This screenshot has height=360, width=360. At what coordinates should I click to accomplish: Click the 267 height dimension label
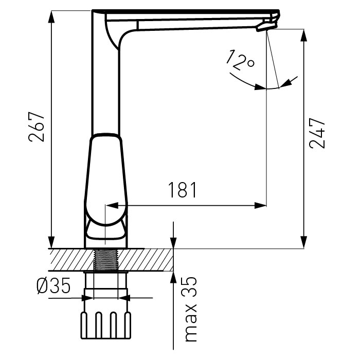coord(37,127)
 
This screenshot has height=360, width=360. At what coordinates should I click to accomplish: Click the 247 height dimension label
coord(317,133)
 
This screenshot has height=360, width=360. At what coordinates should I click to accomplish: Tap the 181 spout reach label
coord(183,190)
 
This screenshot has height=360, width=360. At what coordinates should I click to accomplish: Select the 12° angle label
coord(240,60)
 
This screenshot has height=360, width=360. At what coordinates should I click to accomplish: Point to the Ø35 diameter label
coord(53,285)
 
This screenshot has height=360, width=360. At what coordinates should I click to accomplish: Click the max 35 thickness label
coord(191,309)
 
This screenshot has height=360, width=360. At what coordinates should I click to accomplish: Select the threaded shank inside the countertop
coord(105,260)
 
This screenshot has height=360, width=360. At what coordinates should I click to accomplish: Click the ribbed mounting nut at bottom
coord(106,326)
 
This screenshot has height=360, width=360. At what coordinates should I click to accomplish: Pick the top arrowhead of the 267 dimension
coord(51,16)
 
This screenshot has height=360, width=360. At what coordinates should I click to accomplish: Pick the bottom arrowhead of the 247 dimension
coord(304,242)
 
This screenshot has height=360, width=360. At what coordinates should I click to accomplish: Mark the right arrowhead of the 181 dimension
coord(260,206)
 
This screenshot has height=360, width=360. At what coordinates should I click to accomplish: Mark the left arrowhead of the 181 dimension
coord(112,206)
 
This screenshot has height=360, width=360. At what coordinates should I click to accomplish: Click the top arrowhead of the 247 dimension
coord(304,35)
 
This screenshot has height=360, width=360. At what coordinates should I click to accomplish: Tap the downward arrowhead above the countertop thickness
coord(173,242)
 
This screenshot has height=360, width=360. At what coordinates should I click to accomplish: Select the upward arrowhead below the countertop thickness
coord(173,277)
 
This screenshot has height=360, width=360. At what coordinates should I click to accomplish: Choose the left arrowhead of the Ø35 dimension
coord(87,298)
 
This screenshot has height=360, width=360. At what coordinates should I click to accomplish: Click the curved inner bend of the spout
coord(124,37)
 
